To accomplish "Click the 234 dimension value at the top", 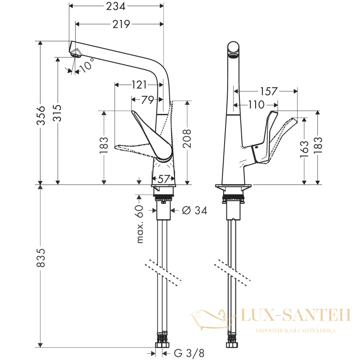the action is click(116, 6).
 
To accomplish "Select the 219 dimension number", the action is click(121, 24).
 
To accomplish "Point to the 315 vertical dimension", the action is click(57, 113).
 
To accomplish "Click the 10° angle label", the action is click(87, 65).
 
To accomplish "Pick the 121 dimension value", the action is click(139, 85).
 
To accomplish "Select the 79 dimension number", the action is click(148, 100).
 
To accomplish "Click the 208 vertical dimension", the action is click(187, 138).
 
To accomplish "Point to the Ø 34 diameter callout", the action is click(194, 210).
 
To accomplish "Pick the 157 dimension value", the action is click(269, 91).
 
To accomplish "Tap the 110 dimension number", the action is click(256, 105).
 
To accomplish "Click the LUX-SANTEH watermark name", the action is click(296, 315).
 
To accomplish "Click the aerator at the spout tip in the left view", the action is click(75, 54).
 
